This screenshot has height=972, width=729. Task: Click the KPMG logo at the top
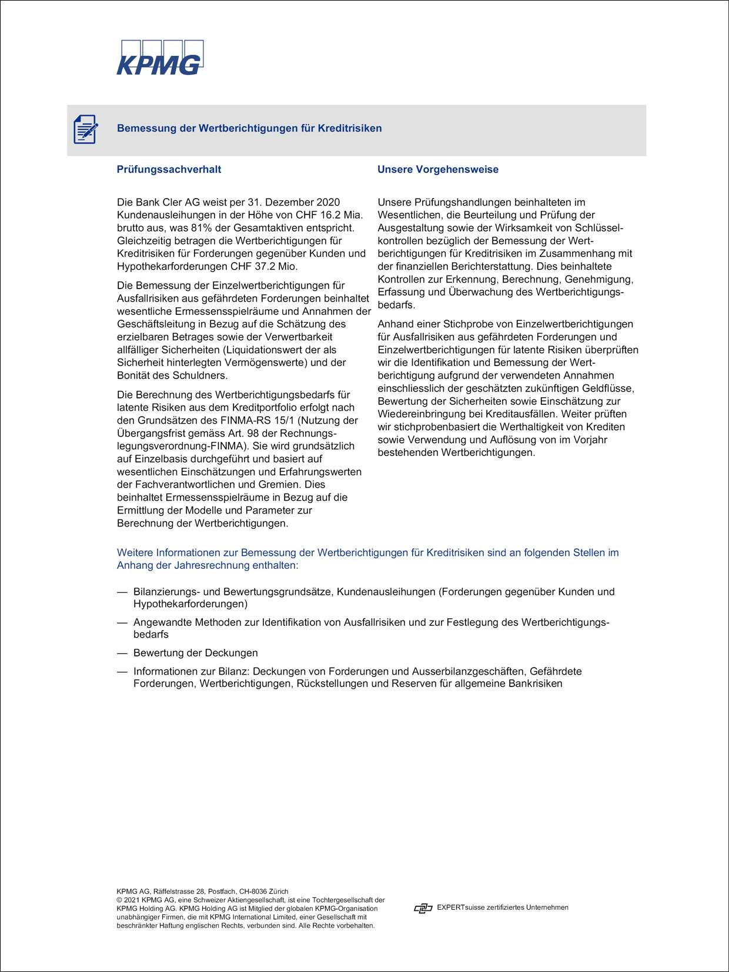click(159, 58)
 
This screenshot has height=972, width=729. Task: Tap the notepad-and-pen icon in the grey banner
click(85, 129)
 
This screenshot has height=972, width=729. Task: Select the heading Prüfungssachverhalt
click(169, 169)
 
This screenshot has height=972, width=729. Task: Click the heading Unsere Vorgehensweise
click(437, 169)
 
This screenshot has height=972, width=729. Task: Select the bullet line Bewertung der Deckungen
click(195, 653)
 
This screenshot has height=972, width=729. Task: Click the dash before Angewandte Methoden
click(122, 622)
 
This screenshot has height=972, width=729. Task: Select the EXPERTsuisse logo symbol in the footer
click(423, 909)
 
